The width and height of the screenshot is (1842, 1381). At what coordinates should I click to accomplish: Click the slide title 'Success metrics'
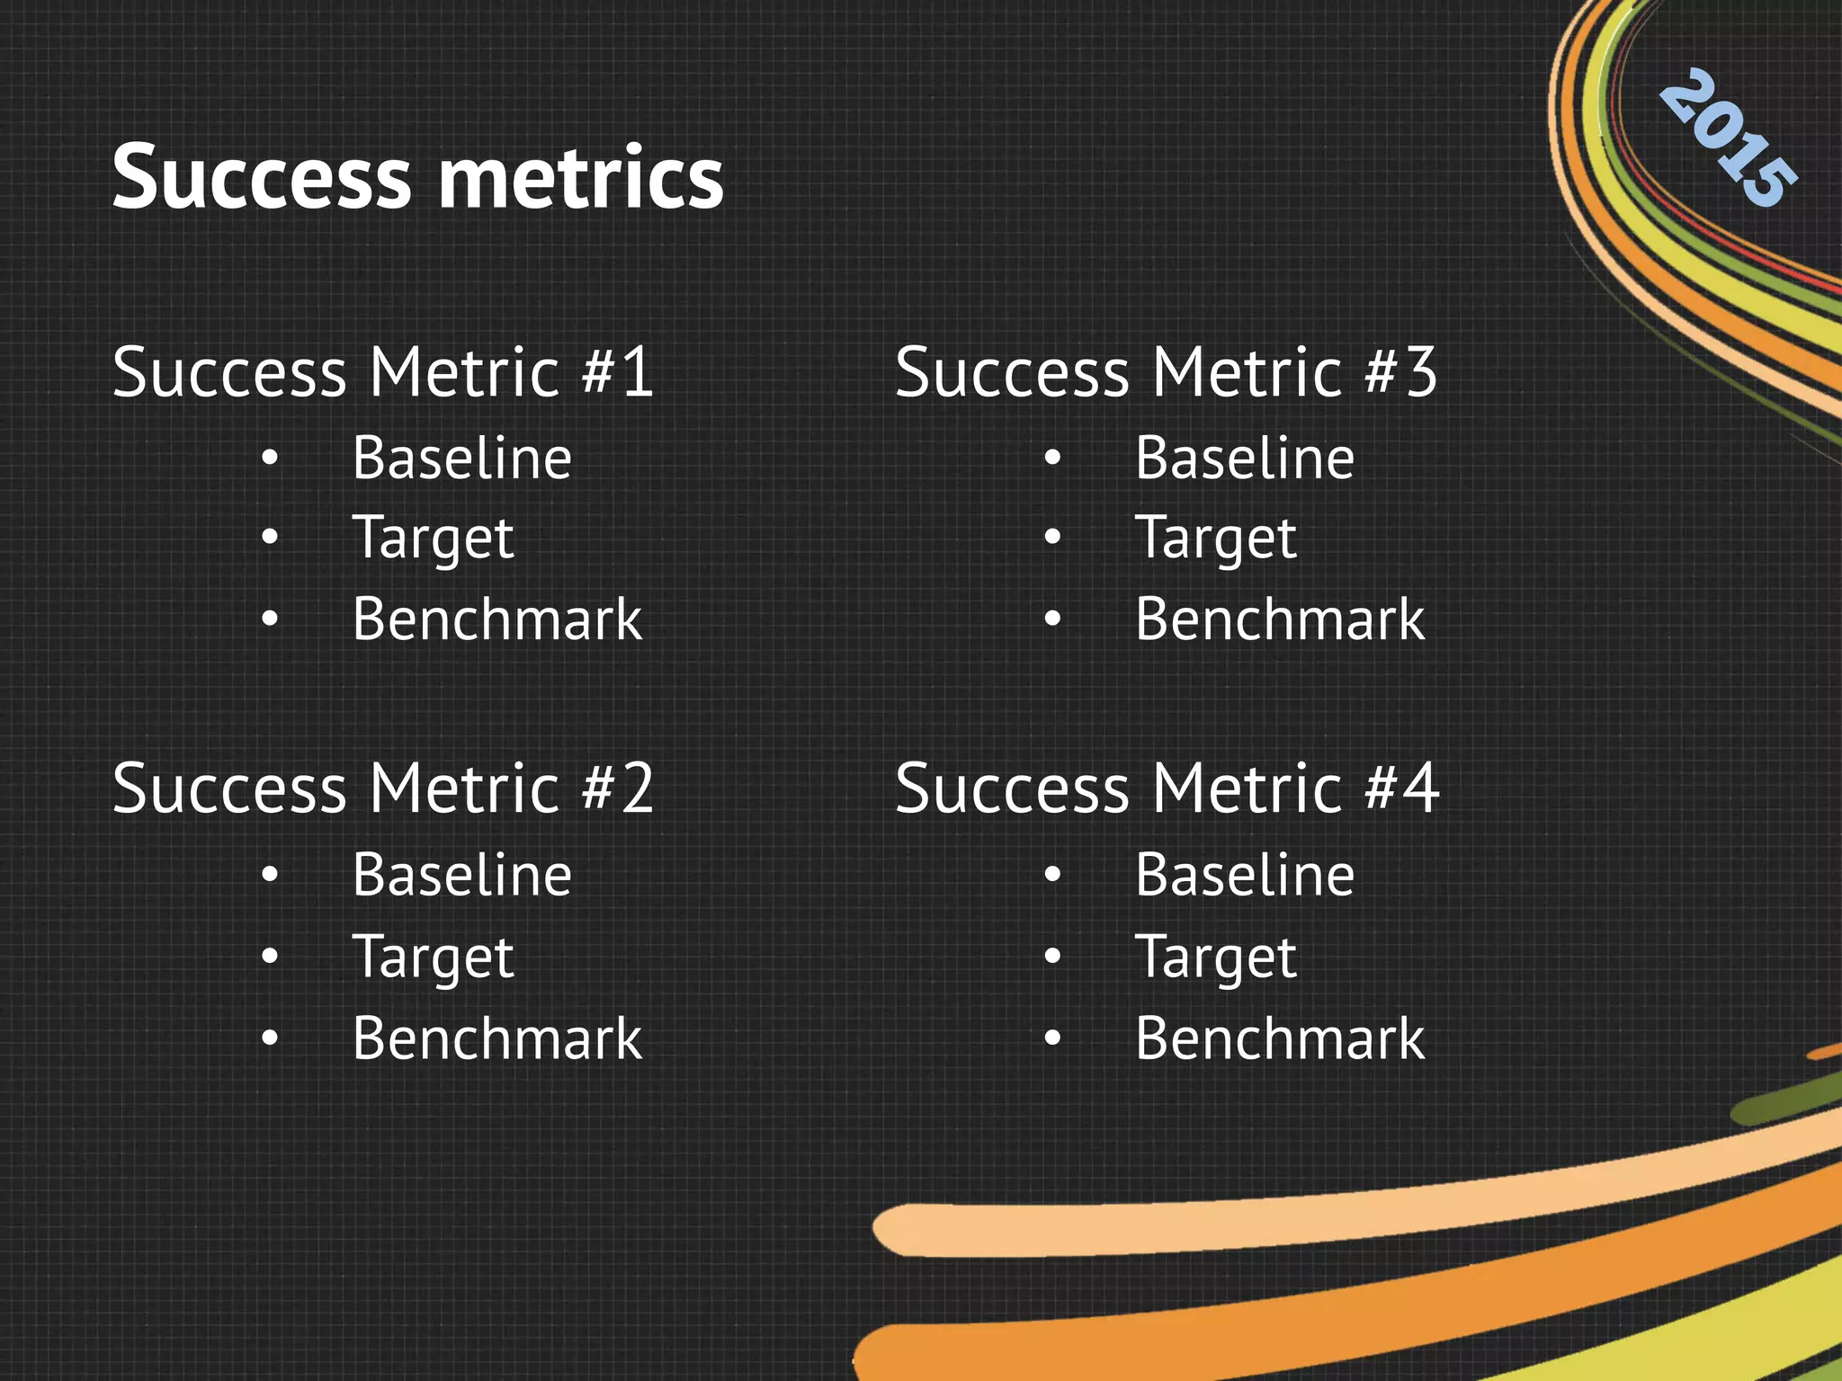(x=417, y=177)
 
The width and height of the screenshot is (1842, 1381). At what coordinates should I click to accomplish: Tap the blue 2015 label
(x=1728, y=139)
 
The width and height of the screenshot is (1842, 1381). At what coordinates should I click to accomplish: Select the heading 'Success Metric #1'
(x=383, y=372)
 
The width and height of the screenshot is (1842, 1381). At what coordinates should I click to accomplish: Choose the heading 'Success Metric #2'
(x=383, y=789)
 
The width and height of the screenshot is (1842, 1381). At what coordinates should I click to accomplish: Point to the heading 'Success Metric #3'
(x=1167, y=372)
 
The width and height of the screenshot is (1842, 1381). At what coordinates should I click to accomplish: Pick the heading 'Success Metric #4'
(x=1167, y=789)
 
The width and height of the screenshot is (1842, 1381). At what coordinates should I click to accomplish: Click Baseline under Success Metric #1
(x=462, y=459)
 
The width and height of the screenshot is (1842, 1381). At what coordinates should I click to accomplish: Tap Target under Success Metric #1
(x=433, y=539)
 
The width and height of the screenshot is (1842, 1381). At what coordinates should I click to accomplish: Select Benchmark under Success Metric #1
(x=497, y=619)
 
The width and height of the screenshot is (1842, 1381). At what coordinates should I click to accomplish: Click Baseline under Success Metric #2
(x=462, y=875)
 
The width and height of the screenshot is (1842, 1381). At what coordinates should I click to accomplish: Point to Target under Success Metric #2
(x=433, y=958)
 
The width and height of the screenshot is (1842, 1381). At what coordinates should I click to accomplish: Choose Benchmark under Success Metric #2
(x=497, y=1038)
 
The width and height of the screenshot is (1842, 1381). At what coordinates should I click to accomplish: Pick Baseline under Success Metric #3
(x=1245, y=459)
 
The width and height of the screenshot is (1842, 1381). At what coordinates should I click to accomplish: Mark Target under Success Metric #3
(x=1216, y=539)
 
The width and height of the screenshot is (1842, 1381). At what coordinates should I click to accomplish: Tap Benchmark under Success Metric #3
(x=1280, y=619)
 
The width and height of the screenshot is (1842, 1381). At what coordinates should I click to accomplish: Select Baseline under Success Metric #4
(x=1245, y=875)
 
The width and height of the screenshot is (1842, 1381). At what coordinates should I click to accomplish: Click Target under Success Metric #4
(x=1216, y=958)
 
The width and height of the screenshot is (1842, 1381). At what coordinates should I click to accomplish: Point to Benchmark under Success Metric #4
(x=1280, y=1038)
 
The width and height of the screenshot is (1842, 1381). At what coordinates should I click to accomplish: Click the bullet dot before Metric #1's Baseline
(x=270, y=459)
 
